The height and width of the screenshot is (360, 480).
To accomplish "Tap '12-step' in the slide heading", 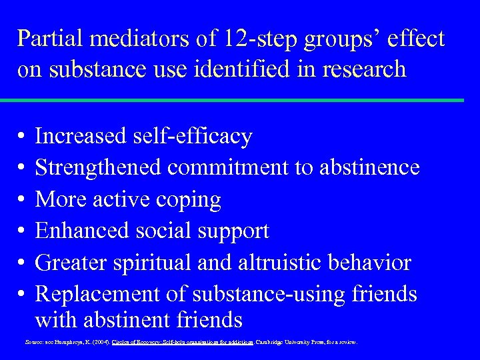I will [x=273, y=39].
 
